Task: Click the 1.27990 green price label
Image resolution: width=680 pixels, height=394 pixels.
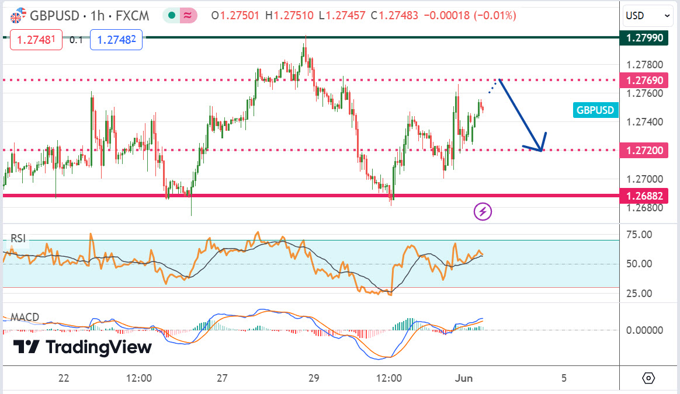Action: pyautogui.click(x=645, y=38)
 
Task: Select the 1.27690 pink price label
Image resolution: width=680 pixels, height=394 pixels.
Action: pyautogui.click(x=645, y=80)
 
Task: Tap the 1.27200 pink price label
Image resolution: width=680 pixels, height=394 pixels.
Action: pyautogui.click(x=645, y=150)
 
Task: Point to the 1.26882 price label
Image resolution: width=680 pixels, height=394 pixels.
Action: pyautogui.click(x=645, y=196)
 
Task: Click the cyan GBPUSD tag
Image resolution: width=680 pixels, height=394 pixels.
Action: pyautogui.click(x=595, y=110)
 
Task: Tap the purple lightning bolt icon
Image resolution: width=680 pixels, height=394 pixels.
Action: pyautogui.click(x=483, y=211)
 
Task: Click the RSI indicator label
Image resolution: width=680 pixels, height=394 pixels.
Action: pyautogui.click(x=18, y=238)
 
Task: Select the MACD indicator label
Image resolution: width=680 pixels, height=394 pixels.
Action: pyautogui.click(x=25, y=318)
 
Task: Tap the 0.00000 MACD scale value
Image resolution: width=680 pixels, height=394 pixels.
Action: pyautogui.click(x=645, y=330)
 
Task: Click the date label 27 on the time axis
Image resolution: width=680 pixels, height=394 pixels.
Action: pyautogui.click(x=221, y=378)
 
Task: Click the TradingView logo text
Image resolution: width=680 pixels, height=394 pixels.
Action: pyautogui.click(x=82, y=347)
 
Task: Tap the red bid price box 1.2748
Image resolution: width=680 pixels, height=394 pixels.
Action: pyautogui.click(x=36, y=40)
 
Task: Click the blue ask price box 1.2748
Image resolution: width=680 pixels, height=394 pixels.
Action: pyautogui.click(x=116, y=40)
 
